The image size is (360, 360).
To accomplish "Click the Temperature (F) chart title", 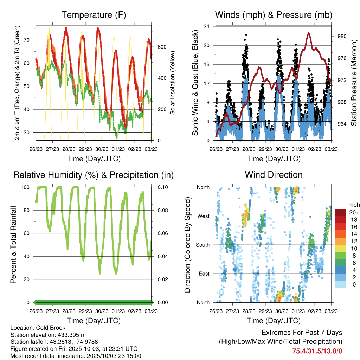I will tap(94, 15).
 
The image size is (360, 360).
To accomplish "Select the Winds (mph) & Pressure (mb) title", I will tap(274, 15).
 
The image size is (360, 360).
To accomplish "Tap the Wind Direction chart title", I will tap(274, 175).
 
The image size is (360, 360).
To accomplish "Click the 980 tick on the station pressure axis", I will tap(340, 36).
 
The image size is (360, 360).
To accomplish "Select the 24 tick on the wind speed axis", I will tap(207, 26).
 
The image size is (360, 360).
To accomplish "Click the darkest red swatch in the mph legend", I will tap(341, 212).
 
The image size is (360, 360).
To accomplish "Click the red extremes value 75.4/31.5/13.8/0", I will tap(317, 351).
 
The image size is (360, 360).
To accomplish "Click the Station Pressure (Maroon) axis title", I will tap(354, 83).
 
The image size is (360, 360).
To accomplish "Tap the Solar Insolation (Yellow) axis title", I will tap(173, 83).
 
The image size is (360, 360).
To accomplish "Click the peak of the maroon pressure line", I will tap(309, 33).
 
